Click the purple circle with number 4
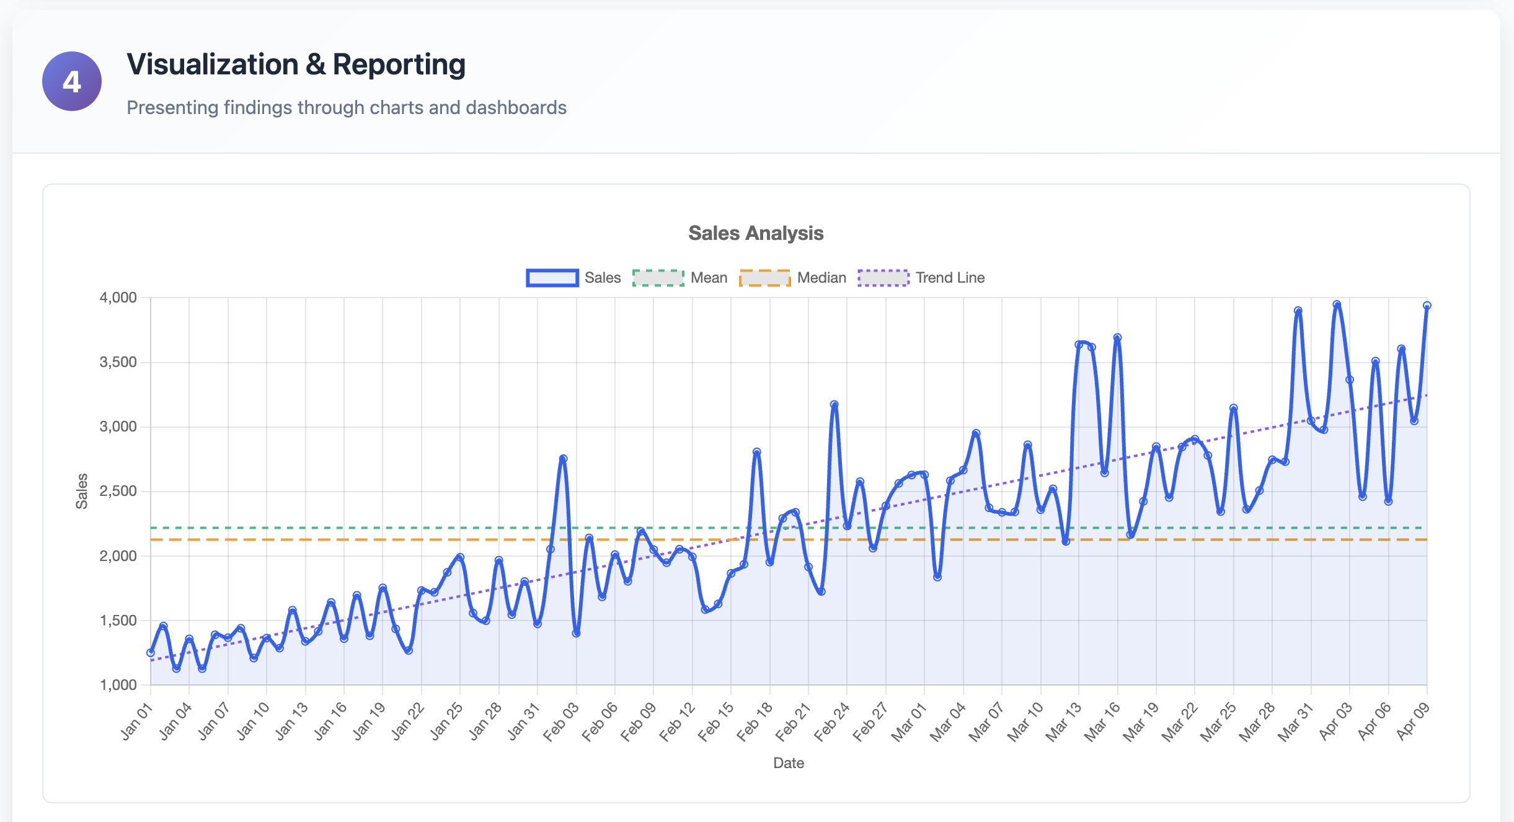72,81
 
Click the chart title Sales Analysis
756,233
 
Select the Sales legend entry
573,278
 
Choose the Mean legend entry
680,278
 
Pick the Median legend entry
793,278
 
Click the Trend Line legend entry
921,278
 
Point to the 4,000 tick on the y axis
118,298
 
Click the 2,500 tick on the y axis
118,491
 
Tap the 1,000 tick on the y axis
118,685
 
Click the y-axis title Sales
82,491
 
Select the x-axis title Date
788,763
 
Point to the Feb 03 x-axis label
562,722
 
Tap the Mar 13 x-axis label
1065,722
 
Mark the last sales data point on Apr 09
1427,306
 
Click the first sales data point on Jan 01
151,653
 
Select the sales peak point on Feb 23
834,404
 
